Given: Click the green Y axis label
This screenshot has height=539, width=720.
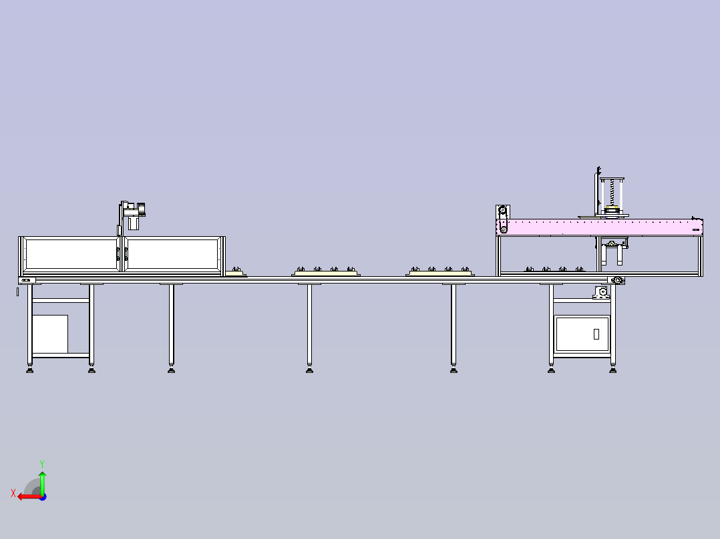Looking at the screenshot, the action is [42, 464].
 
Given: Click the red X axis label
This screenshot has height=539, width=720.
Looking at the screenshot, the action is [13, 494].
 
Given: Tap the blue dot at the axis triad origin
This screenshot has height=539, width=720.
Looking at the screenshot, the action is [43, 497].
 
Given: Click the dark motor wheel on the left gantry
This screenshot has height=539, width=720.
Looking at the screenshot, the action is [142, 209].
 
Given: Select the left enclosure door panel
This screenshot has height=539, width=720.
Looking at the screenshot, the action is [71, 254].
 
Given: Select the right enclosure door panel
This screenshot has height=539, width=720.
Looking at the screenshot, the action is [172, 254].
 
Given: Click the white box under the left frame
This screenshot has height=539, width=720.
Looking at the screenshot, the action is [50, 334].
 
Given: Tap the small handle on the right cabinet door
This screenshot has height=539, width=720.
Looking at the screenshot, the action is [596, 334].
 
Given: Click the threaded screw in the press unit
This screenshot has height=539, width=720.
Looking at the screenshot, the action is [612, 193].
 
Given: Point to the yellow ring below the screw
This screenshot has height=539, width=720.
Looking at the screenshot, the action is [611, 207].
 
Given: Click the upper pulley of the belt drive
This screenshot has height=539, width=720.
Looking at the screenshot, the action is [502, 211].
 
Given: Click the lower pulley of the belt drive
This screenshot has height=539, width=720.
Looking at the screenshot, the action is [504, 229].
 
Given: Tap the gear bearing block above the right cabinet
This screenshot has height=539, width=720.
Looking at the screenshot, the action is [602, 292].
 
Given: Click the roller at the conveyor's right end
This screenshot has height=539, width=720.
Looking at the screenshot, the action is [618, 280].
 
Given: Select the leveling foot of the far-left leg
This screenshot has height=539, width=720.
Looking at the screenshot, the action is [30, 369].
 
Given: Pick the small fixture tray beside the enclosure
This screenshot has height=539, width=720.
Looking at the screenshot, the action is [236, 272].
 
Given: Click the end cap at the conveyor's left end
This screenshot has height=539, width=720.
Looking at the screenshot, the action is [27, 280].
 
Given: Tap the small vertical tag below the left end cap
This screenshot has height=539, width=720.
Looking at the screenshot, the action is [18, 292].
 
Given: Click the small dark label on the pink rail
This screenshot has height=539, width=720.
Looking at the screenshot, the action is [696, 229].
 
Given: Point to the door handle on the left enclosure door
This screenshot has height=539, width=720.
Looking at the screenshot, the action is [118, 253].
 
